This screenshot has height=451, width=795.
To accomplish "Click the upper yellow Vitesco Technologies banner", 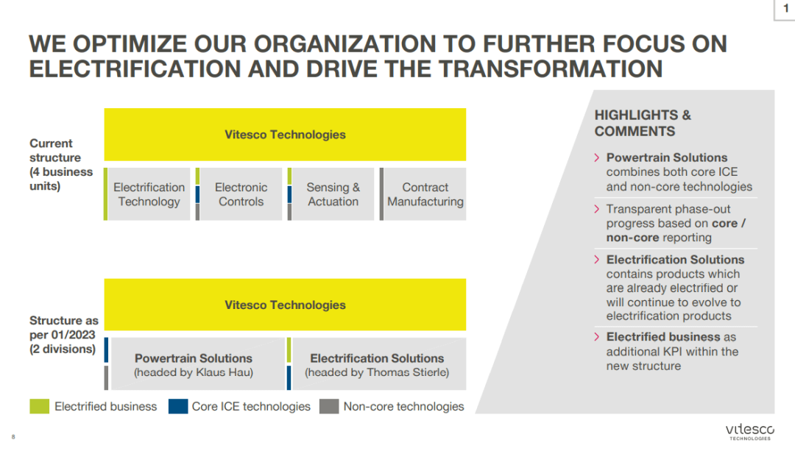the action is pos(285,135).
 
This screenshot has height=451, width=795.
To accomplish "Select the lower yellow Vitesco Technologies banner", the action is pos(285,305).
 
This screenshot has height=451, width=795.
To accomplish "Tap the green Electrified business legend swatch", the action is pos(40,406).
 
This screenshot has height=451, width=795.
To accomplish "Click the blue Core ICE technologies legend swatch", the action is pos(178,406).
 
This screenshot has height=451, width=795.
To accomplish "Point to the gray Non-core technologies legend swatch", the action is pos(329,406).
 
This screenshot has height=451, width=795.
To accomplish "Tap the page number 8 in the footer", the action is pos(13,437).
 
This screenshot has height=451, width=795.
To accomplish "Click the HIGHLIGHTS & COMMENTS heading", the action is pos(643,123).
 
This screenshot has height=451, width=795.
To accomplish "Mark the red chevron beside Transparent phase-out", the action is pos(597,209).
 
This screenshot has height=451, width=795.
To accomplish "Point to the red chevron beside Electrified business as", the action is pos(597,337).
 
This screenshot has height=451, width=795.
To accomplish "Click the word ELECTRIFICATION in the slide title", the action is pos(135,69).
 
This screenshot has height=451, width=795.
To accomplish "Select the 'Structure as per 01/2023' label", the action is pos(63,335).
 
